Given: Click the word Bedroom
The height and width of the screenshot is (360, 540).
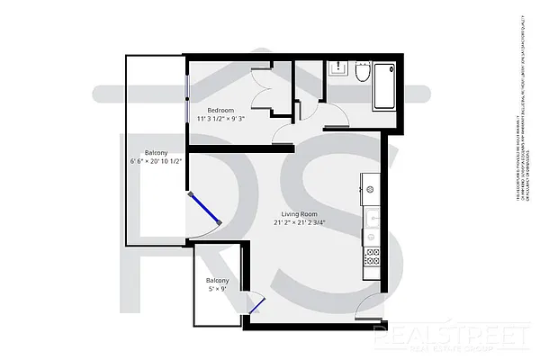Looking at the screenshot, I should [x=220, y=109].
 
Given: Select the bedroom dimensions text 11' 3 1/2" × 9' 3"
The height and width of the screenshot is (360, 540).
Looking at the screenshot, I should [x=220, y=118].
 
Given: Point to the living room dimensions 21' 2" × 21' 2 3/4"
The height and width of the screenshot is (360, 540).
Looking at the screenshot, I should [x=300, y=222].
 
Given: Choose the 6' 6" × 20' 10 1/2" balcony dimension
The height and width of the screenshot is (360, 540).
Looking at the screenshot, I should [x=157, y=161].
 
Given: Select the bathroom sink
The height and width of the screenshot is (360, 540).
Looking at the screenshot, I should [x=337, y=67].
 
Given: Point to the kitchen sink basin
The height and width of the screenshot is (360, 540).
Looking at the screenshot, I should [x=370, y=217].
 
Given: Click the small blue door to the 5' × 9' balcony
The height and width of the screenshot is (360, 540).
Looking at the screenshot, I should [x=255, y=305].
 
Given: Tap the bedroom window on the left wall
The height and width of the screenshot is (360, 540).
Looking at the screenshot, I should [x=187, y=86].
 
